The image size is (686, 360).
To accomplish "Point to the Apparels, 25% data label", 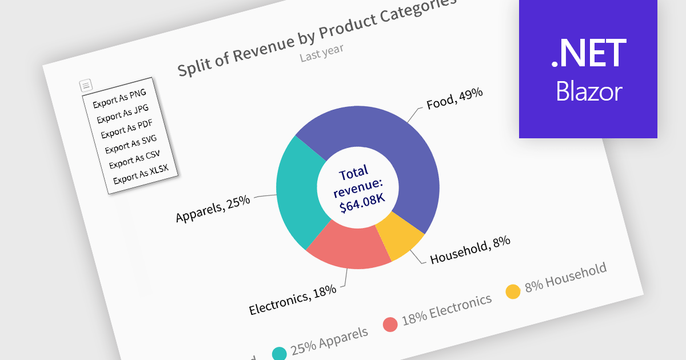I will pos(213,209).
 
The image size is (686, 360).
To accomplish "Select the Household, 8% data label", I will pos(470,250).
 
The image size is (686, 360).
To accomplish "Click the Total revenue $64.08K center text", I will pos(358,189).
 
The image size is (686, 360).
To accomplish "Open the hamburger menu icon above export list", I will pos(85,86).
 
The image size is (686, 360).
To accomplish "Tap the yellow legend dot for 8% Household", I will pos(513,291).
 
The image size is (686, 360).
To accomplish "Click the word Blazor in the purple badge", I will pos(588,92).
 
